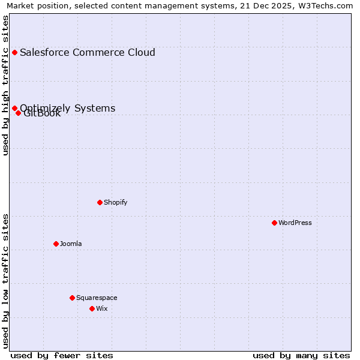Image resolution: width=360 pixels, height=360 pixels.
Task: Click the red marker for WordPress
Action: [274, 223]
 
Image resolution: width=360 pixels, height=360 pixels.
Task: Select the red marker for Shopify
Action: [100, 202]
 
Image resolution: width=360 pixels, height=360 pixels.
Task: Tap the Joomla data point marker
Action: [56, 244]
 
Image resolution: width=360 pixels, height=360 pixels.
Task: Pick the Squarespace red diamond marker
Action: [72, 298]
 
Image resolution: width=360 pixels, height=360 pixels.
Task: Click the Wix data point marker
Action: [92, 308]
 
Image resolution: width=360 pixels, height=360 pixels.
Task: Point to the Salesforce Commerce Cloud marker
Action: [14, 52]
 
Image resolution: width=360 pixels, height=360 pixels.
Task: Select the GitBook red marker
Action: [19, 113]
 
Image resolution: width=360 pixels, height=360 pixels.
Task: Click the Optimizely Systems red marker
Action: [14, 108]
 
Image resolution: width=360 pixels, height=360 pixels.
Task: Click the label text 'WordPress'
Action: [295, 223]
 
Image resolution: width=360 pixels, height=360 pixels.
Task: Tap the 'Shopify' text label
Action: [115, 202]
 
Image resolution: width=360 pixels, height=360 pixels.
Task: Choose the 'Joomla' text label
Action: [70, 244]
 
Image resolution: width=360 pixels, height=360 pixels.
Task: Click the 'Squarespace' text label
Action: [96, 298]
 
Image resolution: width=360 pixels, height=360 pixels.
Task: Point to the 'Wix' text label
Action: [101, 308]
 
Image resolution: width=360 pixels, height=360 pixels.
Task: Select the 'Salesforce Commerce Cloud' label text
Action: [87, 52]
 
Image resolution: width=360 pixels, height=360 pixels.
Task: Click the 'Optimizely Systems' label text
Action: [67, 107]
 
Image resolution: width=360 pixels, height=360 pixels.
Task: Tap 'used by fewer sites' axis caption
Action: [62, 355]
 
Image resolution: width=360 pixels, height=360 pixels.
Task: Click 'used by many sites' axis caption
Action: [301, 355]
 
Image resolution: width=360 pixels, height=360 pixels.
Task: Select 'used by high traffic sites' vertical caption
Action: [5, 85]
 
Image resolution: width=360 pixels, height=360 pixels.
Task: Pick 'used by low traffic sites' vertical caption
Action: [5, 281]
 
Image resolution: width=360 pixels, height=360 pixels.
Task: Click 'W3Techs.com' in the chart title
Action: [326, 5]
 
